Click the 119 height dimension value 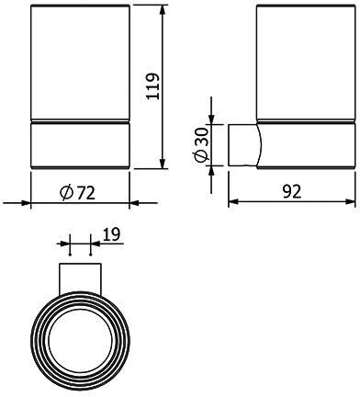(152, 86)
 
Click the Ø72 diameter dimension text (77, 193)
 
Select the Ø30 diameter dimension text (201, 144)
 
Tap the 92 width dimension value (292, 192)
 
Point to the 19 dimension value (112, 234)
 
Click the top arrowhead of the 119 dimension (163, 10)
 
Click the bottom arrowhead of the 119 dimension (163, 163)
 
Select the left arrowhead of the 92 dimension (233, 201)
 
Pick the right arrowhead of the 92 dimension (350, 201)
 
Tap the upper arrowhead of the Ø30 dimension (211, 119)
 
